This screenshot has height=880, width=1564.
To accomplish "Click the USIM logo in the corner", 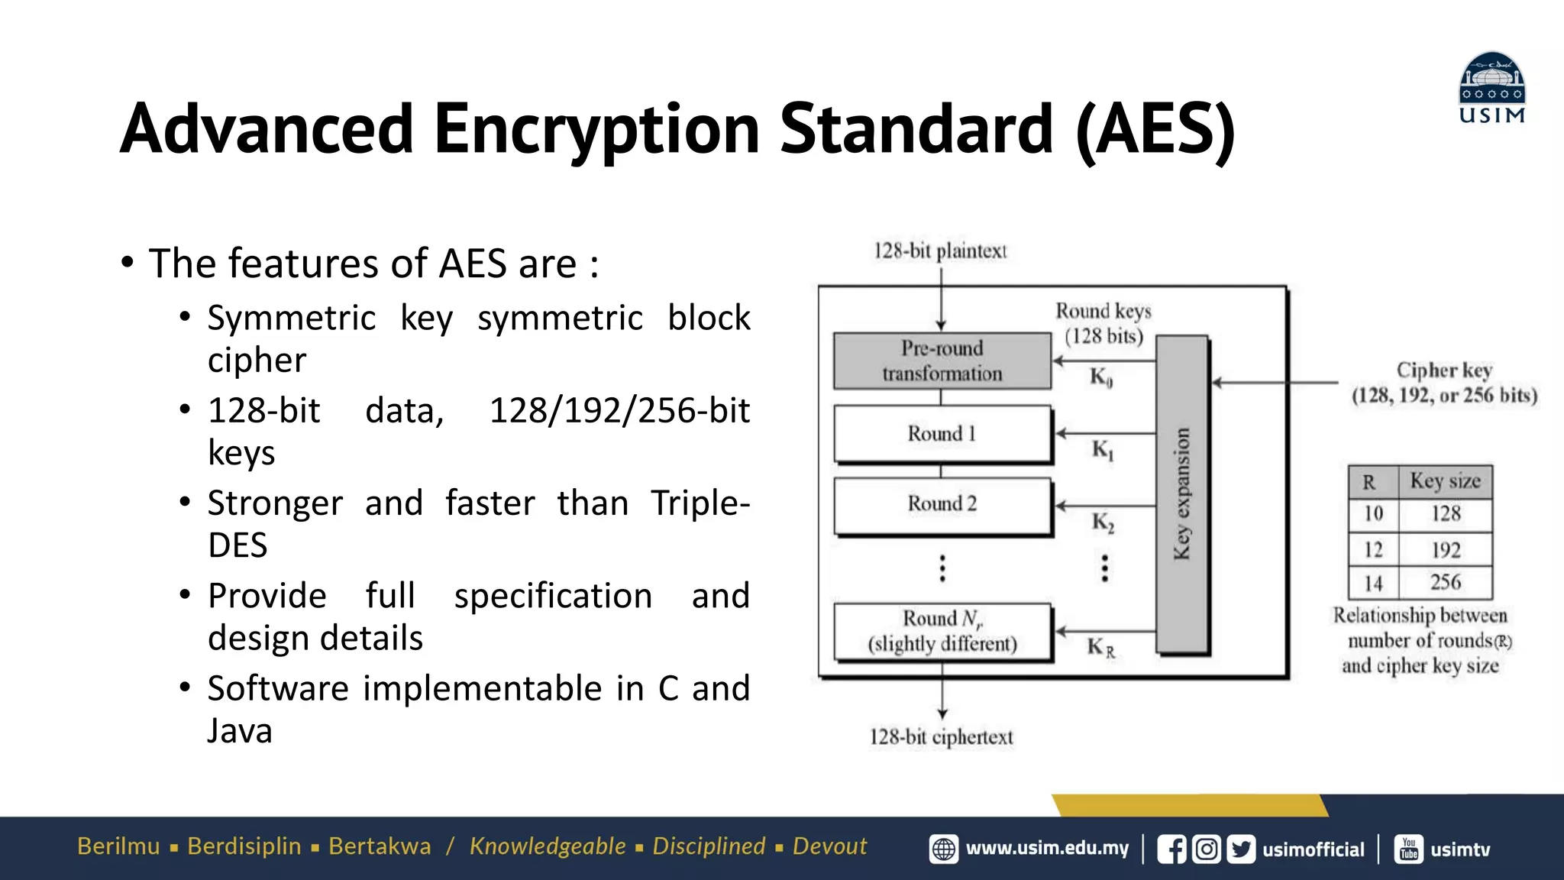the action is [1491, 87].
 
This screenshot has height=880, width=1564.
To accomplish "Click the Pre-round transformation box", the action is [942, 361].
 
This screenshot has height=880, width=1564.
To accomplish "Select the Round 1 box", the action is [942, 433].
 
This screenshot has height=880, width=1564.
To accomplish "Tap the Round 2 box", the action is [942, 503].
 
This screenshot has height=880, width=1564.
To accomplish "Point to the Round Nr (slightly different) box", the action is [942, 631].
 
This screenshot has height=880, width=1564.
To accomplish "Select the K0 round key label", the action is [1100, 377].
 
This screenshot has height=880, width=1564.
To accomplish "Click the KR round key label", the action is [1100, 648].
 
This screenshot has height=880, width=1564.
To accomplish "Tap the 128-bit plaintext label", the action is [940, 251].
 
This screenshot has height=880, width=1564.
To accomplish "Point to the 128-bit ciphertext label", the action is [941, 737].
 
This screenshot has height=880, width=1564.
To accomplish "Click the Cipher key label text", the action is [1443, 370].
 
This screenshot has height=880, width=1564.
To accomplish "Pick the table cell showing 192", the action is [1446, 549].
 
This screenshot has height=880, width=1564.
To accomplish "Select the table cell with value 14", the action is [1373, 583].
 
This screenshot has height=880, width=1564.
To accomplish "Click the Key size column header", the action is [1445, 480].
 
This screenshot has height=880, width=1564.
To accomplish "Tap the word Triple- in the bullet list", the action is [700, 503].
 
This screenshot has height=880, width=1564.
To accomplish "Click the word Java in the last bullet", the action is [240, 731].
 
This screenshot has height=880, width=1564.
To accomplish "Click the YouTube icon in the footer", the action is [1409, 849].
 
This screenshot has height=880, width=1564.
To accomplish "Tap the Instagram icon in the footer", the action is [1207, 849].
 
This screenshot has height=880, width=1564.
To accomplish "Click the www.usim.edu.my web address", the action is [1046, 849].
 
